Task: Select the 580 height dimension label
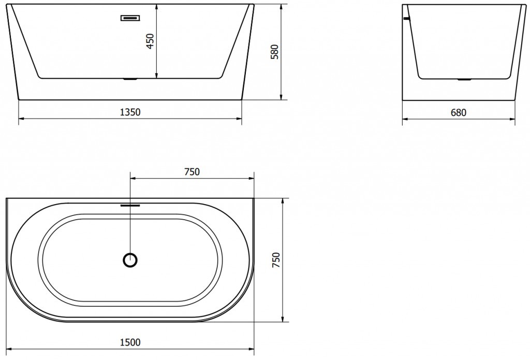coord(275,52)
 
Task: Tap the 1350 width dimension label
coord(130,112)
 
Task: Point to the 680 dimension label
coord(458,112)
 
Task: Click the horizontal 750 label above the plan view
coord(192,172)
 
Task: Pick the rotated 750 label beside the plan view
coord(275,260)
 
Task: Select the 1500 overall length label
coord(130,341)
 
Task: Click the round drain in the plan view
coord(130,260)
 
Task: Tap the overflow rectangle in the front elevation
coord(129,18)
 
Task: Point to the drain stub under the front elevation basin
coord(129,80)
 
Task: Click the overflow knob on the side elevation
coord(406,19)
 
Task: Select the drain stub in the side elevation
coord(464,80)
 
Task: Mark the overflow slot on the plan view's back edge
coord(130,205)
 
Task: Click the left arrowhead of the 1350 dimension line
coord(21,119)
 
